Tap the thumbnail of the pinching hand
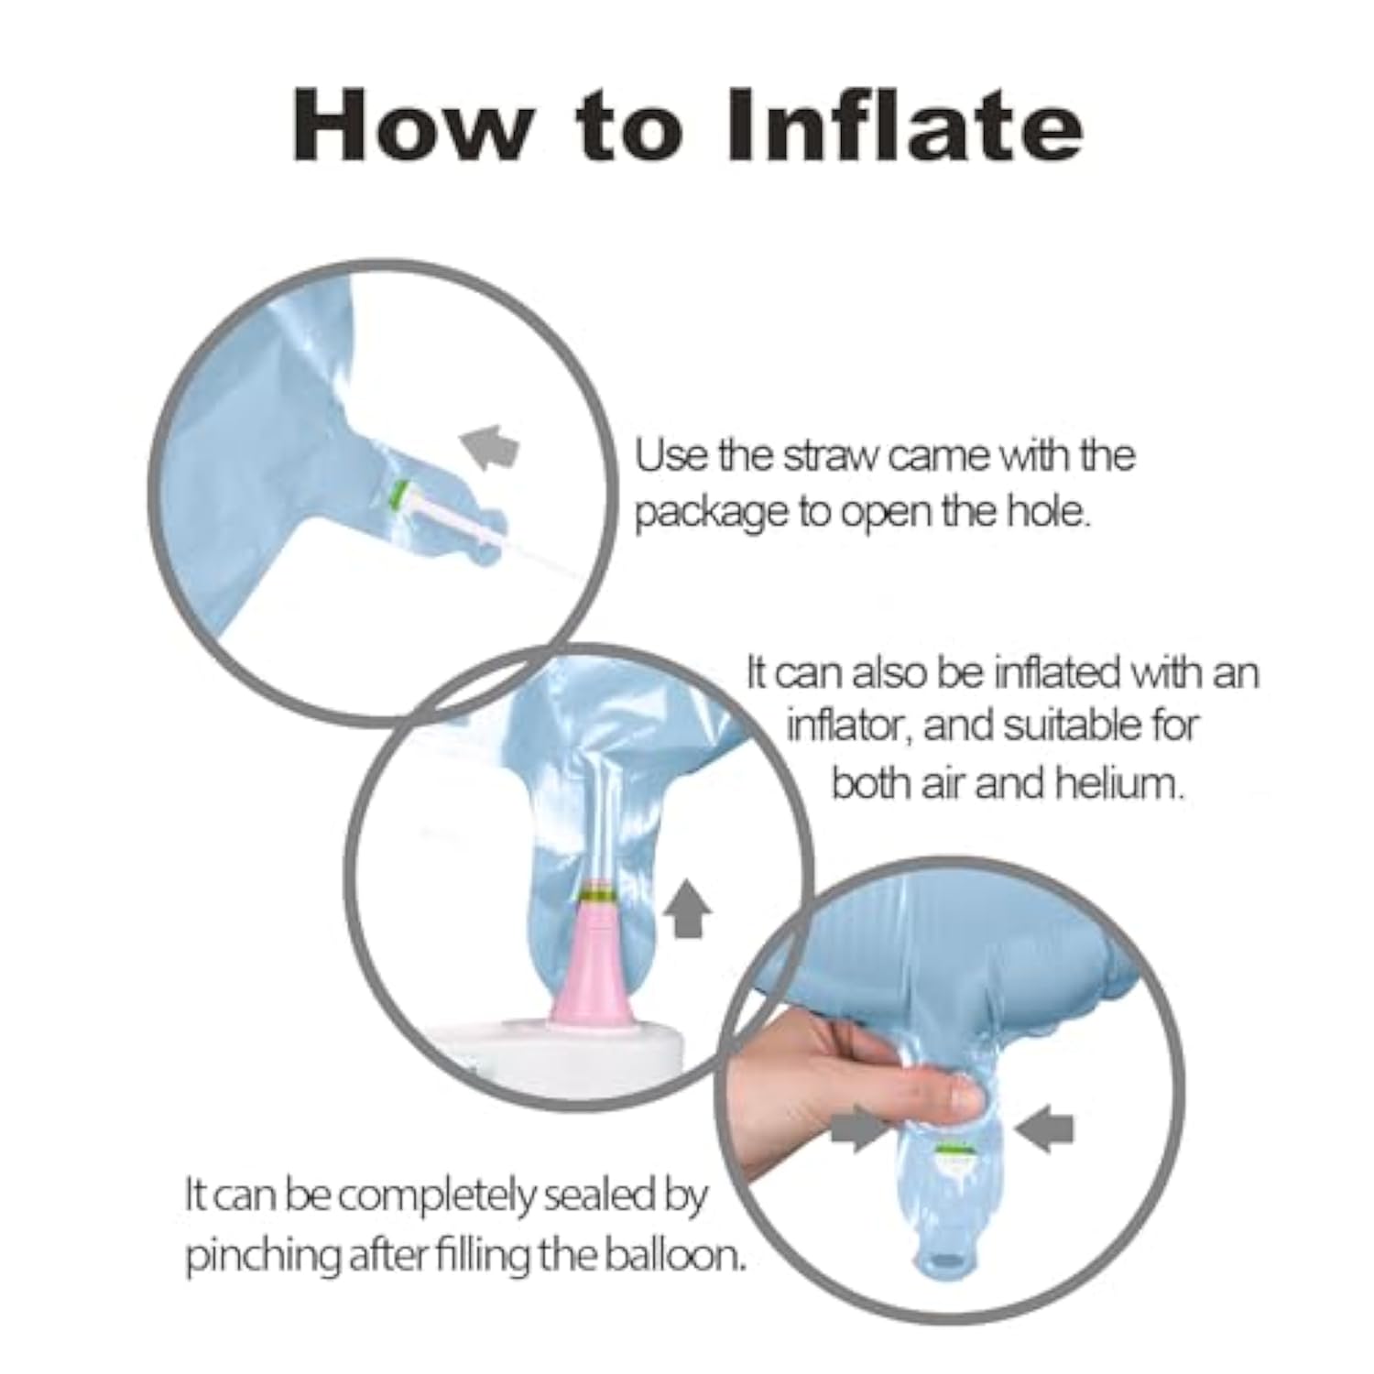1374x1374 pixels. point(964,1095)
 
